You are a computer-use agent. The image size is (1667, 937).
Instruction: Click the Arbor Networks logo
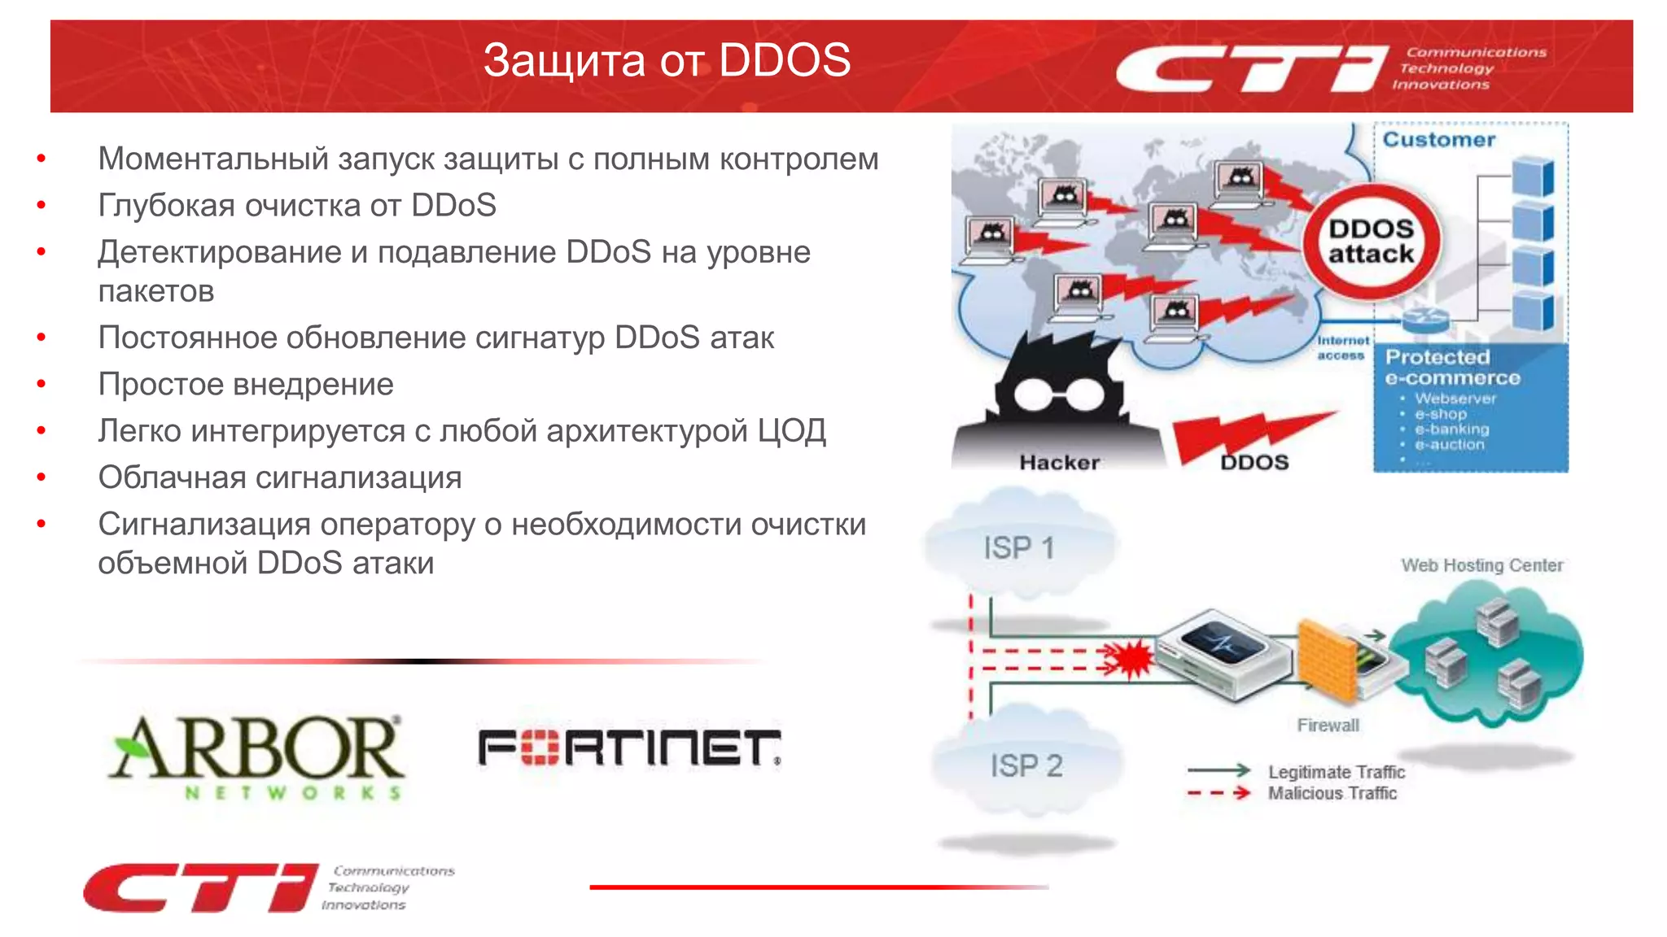point(256,756)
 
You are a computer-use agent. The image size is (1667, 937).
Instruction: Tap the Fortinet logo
point(628,747)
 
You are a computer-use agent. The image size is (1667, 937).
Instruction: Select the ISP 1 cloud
point(1019,547)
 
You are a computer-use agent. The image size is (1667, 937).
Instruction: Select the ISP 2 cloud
point(1026,765)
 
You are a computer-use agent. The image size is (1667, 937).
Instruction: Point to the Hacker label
point(1059,462)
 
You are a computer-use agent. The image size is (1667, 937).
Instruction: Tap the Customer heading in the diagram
point(1438,140)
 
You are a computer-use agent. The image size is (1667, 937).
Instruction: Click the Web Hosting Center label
point(1481,565)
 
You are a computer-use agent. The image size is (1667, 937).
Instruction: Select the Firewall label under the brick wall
point(1328,725)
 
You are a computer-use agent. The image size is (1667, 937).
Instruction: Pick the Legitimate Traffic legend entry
point(1336,772)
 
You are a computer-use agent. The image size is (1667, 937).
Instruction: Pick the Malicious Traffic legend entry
point(1332,793)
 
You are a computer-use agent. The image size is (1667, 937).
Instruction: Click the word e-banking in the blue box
point(1451,429)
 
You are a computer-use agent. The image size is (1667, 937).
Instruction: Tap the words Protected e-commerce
point(1452,368)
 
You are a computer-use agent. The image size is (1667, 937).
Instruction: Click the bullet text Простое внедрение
point(246,384)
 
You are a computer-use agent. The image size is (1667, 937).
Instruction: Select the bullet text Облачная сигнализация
point(280,477)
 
